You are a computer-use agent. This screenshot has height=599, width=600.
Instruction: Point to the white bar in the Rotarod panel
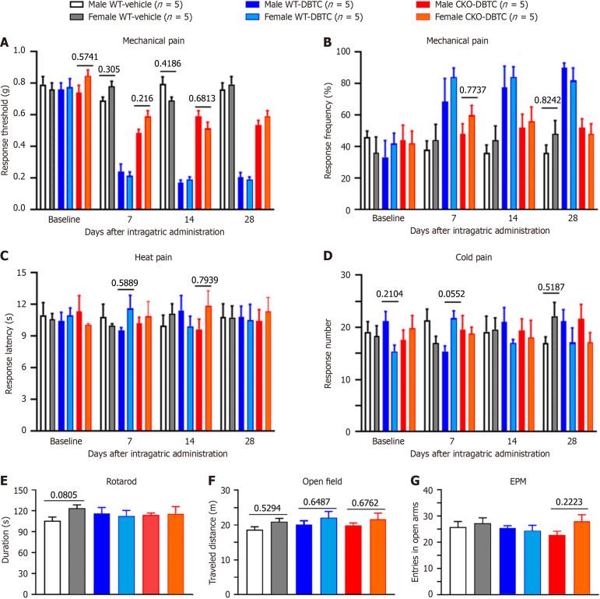[52, 557]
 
